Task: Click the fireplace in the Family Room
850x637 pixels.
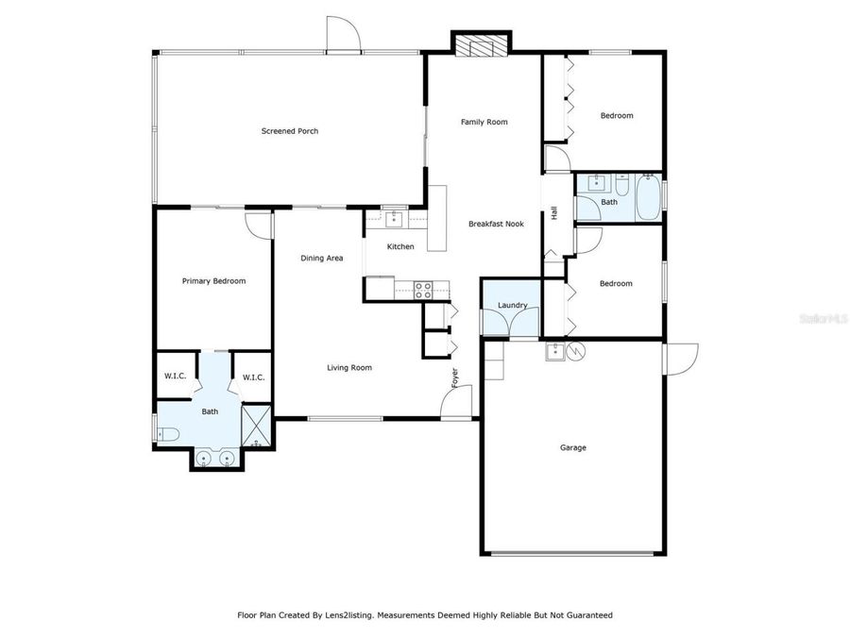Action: [x=481, y=45]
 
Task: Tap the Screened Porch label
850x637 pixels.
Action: [x=290, y=131]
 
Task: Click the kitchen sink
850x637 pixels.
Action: [x=393, y=220]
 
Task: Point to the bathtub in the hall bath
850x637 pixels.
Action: [x=648, y=196]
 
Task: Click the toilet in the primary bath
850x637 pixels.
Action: [x=168, y=435]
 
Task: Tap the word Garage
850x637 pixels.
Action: [x=573, y=447]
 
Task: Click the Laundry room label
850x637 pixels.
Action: [x=512, y=305]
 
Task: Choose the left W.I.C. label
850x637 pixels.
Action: [x=175, y=377]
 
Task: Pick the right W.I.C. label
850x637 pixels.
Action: [x=253, y=377]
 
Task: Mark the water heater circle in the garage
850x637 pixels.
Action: [x=577, y=352]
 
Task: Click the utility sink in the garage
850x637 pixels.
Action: [x=555, y=352]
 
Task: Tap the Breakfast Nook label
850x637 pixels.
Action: [x=496, y=224]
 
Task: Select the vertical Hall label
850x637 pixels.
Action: [x=553, y=214]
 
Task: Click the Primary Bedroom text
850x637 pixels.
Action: [x=213, y=280]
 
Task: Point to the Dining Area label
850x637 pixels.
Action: [x=321, y=258]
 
